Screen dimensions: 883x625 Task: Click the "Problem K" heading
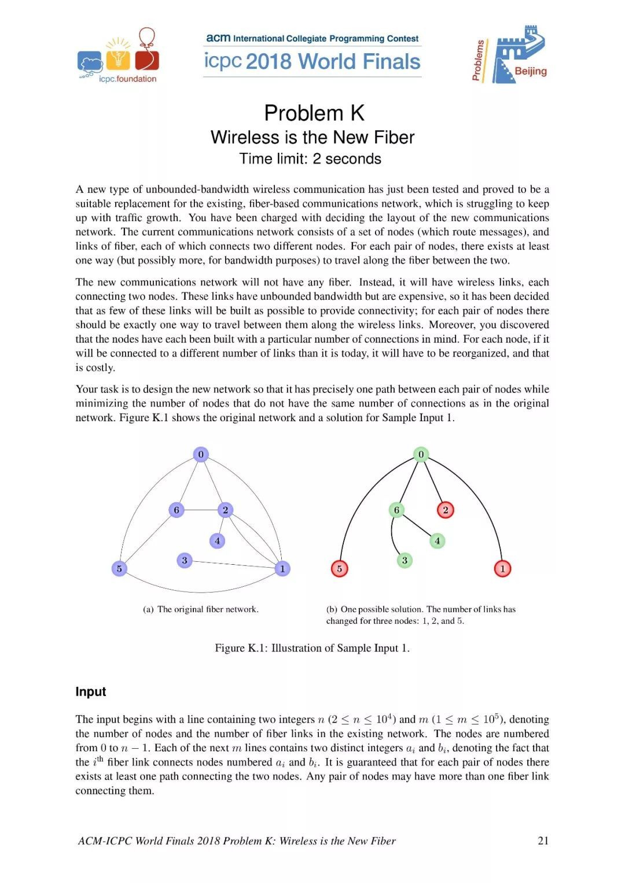tap(314, 113)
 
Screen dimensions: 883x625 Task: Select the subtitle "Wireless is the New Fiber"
tap(312, 137)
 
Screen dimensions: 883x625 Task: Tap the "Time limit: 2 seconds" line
tap(310, 159)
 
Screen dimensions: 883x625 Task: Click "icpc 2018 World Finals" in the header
tap(312, 61)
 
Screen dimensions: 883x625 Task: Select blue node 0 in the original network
tap(201, 454)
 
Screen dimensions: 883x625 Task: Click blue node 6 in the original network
tap(177, 510)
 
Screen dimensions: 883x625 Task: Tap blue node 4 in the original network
tap(217, 541)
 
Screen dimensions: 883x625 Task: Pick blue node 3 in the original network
tap(185, 560)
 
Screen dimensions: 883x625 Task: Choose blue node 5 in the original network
tap(119, 569)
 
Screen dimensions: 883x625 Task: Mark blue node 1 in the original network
tap(282, 569)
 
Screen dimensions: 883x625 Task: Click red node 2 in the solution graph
tap(446, 510)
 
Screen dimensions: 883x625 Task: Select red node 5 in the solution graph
tap(340, 569)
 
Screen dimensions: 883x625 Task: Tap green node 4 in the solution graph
tap(437, 541)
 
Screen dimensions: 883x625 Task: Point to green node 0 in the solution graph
tap(421, 454)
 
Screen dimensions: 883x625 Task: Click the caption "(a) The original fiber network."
tap(201, 609)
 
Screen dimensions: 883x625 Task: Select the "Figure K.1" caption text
tap(312, 648)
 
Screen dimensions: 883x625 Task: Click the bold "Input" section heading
tap(91, 692)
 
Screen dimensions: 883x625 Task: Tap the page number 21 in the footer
tap(543, 841)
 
